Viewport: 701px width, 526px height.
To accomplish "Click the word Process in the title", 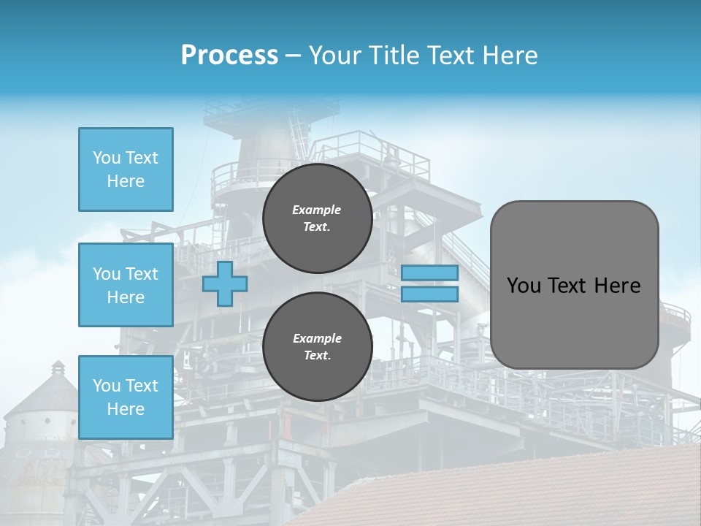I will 229,56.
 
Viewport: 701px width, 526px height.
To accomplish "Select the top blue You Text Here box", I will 126,169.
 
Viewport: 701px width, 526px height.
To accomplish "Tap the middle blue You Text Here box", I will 126,285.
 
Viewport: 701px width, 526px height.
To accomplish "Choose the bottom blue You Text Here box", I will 126,397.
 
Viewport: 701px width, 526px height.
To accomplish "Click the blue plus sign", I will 224,283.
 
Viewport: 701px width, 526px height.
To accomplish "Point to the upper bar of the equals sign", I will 430,272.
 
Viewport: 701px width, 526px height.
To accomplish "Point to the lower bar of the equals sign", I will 430,294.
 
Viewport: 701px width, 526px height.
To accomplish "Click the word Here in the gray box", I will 617,286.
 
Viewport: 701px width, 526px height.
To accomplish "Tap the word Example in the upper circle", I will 316,210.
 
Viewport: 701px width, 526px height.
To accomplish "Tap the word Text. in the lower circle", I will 317,356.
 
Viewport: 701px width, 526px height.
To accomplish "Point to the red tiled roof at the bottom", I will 511,489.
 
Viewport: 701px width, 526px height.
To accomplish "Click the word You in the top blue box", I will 107,158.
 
